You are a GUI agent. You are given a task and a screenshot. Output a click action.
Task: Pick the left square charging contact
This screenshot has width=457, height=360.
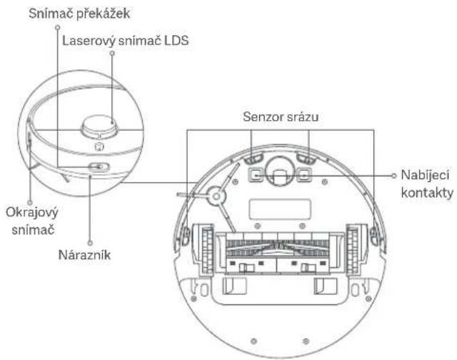253,174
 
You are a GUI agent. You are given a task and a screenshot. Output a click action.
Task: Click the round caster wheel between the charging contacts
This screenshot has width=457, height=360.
278,169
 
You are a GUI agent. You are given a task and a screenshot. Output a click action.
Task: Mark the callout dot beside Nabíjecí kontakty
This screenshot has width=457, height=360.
394,174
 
